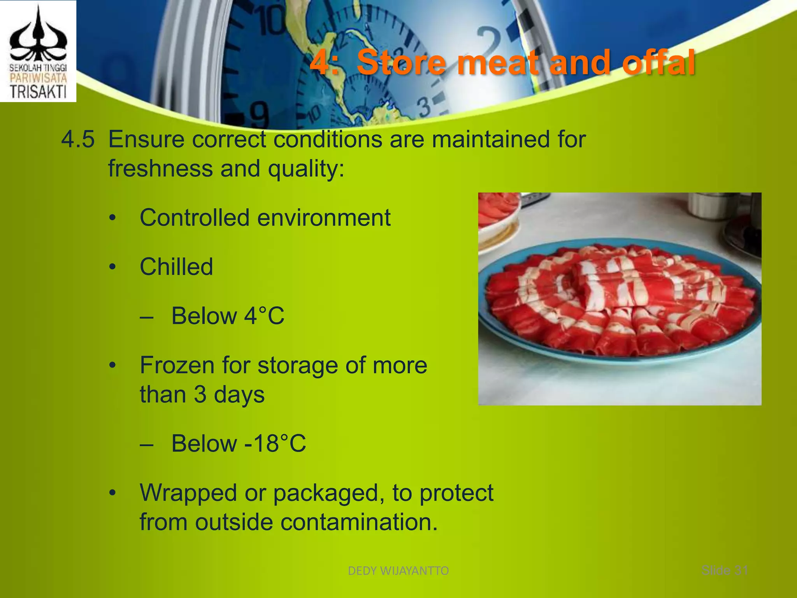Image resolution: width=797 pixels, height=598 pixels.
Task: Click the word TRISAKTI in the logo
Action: pos(38,92)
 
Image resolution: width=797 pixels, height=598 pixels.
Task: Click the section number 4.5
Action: pos(78,139)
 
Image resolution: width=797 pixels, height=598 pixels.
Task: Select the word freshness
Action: pos(160,169)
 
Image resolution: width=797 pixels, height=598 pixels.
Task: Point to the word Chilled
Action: pos(176,267)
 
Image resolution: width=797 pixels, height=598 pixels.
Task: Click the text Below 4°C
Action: pos(228,316)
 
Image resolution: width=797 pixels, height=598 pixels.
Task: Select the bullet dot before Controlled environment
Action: pos(112,218)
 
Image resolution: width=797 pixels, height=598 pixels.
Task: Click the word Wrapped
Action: pos(188,493)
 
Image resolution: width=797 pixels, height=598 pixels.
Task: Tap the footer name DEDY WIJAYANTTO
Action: pos(398,571)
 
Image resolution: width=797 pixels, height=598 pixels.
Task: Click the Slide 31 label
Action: pos(725,570)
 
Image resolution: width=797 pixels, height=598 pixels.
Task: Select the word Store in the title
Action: pos(401,62)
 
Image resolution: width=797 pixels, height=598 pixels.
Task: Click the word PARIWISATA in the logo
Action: pos(38,78)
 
